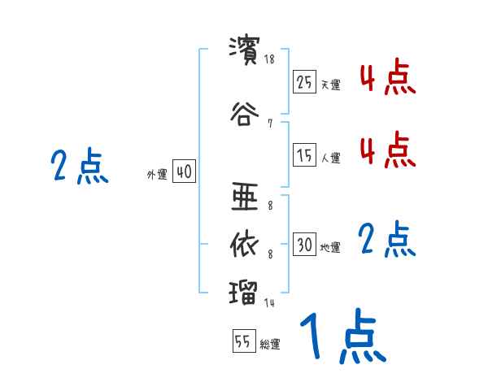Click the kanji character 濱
pos(245,50)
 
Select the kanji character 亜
pos(245,196)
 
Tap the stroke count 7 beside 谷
pos(269,124)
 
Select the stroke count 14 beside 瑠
pos(269,303)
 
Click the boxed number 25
pos(305,83)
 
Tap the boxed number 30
pos(305,245)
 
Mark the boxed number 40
pos(184,172)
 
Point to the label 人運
pos(330,158)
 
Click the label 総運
pos(270,345)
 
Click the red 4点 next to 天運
pos(387,78)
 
